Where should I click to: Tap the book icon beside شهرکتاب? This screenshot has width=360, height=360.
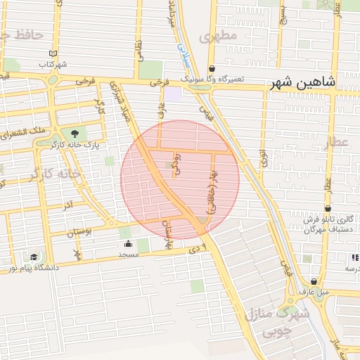point(53,53)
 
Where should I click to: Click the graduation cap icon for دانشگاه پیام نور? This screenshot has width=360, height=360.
point(34,257)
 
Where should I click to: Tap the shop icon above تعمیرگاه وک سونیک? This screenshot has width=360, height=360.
point(212,69)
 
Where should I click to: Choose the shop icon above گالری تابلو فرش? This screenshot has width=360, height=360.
point(328,209)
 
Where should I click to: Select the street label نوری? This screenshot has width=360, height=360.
point(263,158)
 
